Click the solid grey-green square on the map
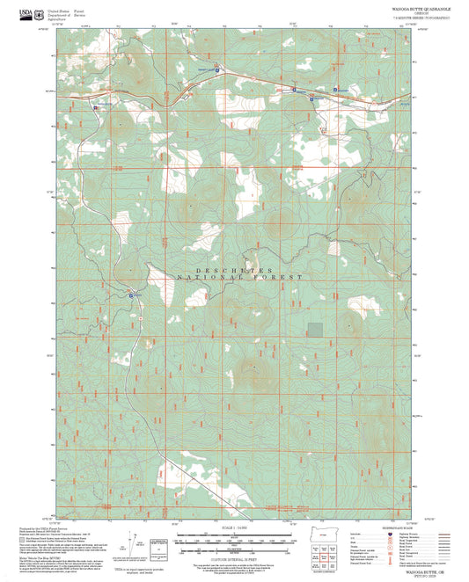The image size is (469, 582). pyautogui.click(x=315, y=329)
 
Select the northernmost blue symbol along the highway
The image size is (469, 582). pyautogui.click(x=217, y=69)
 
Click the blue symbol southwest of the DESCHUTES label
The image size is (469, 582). pyautogui.click(x=132, y=295)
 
